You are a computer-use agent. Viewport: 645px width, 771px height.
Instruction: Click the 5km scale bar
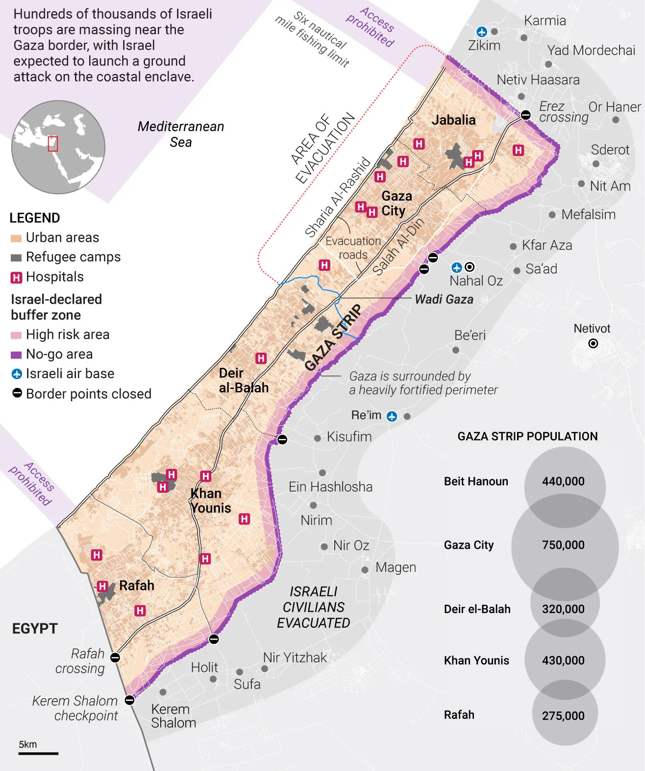coord(38,753)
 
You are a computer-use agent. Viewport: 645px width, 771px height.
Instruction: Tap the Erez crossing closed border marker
coord(525,115)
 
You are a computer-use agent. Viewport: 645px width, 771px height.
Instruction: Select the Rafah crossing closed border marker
coord(115,657)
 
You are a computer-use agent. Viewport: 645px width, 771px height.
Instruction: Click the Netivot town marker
coord(593,343)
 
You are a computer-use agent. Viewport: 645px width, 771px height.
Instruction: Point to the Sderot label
coord(610,150)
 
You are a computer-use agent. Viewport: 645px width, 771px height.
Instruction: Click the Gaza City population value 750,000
coord(563,545)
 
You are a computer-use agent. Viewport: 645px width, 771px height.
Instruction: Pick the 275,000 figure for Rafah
coord(563,716)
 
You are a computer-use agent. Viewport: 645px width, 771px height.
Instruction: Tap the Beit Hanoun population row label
coord(476,481)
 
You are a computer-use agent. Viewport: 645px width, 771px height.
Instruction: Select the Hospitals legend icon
coord(16,278)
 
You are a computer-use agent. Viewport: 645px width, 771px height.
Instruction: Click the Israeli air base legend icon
coord(17,374)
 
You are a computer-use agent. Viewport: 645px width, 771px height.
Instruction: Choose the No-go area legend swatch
coord(16,355)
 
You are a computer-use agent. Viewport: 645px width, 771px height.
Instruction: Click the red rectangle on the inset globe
coord(52,144)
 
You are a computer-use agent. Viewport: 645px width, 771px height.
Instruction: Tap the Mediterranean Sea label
coord(181,134)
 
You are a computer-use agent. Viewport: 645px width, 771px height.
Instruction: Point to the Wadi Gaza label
coord(444,299)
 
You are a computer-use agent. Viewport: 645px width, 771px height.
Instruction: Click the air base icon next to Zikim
coord(482,32)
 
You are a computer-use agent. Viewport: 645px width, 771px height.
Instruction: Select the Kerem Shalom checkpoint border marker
coord(129,700)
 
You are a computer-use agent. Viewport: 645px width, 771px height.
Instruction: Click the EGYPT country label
coord(35,629)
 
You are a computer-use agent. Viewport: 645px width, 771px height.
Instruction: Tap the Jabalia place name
coord(453,120)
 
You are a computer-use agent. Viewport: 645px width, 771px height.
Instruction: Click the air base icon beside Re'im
coord(392,416)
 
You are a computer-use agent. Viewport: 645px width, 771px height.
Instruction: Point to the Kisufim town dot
coord(318,438)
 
